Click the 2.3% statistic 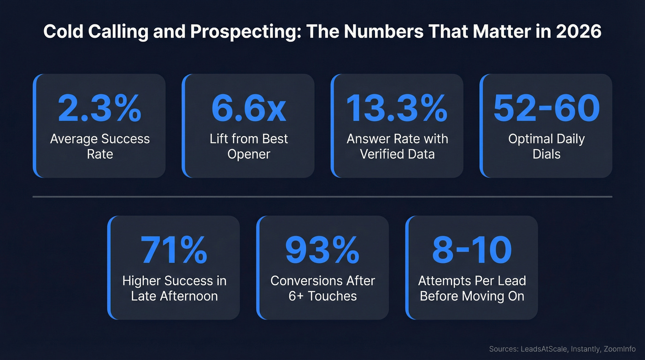click(x=100, y=109)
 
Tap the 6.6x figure click(x=248, y=109)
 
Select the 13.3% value click(x=397, y=109)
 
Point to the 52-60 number click(x=546, y=109)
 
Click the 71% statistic click(x=174, y=250)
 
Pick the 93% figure click(x=322, y=250)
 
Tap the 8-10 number click(x=472, y=250)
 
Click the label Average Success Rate click(x=100, y=146)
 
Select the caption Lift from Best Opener click(x=248, y=146)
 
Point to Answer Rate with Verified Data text click(x=397, y=146)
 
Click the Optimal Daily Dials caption click(x=546, y=146)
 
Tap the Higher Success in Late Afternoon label click(x=174, y=288)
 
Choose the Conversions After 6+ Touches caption click(x=322, y=288)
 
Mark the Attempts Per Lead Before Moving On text click(x=472, y=288)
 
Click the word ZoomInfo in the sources click(x=620, y=349)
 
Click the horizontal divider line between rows click(x=322, y=197)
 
